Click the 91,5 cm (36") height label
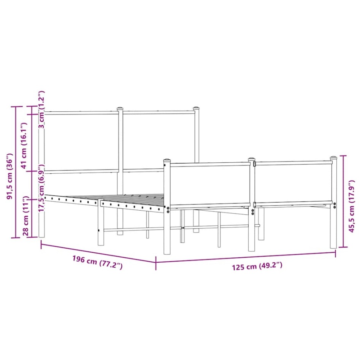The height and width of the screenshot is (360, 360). [x=10, y=176]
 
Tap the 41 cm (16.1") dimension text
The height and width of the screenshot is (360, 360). [x=24, y=146]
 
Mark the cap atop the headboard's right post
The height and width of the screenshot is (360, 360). [x=197, y=108]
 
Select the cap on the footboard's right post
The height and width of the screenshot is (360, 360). [x=333, y=157]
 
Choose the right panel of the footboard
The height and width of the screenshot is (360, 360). [x=293, y=182]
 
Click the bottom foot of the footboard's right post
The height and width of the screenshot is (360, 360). [x=333, y=246]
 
